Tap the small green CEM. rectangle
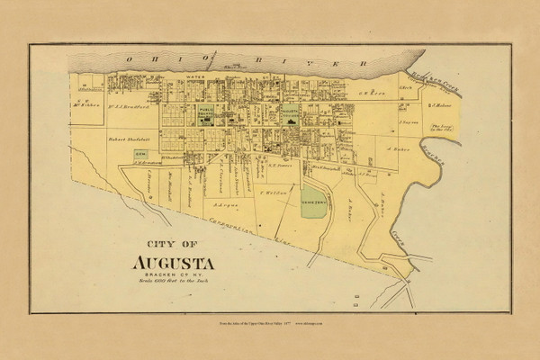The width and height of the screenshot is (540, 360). coord(141,155)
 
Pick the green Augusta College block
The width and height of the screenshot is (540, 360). coord(290,115)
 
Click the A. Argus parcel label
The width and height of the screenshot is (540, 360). coord(226,205)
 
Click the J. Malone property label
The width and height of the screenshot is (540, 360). coord(446,103)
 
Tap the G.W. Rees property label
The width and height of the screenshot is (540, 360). coord(360,92)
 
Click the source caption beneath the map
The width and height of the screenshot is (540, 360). coord(270,322)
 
